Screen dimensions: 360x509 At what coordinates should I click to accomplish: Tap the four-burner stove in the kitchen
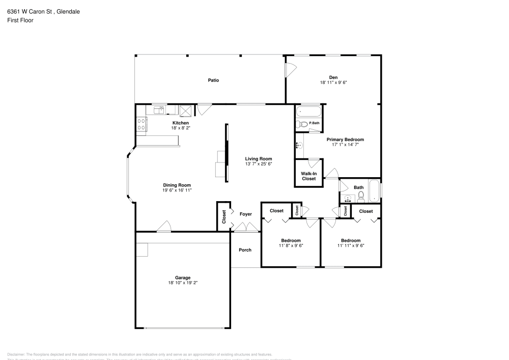coord(141,124)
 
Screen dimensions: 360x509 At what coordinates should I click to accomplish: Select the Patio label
coord(213,80)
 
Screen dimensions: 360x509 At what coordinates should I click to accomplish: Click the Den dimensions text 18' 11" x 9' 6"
coord(333,82)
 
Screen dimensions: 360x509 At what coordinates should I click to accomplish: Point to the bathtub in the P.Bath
coord(308,112)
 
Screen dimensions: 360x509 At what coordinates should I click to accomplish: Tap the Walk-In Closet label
coord(308,176)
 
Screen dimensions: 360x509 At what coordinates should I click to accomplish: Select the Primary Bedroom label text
coord(345,140)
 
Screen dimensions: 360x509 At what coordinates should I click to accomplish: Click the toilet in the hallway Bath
coord(361,197)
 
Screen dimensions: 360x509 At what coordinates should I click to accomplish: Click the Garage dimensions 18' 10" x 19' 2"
coord(183,283)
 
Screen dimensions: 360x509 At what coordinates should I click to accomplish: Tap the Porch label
coord(245,250)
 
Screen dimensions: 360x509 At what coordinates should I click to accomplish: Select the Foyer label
coord(246,214)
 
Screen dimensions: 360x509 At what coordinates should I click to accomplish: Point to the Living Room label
coord(259,158)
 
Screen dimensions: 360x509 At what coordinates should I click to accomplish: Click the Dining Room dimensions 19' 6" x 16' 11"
coord(177,190)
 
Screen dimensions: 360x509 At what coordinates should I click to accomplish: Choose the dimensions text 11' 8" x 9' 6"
coord(291,245)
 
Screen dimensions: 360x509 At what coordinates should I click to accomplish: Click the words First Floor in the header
coord(20,20)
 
